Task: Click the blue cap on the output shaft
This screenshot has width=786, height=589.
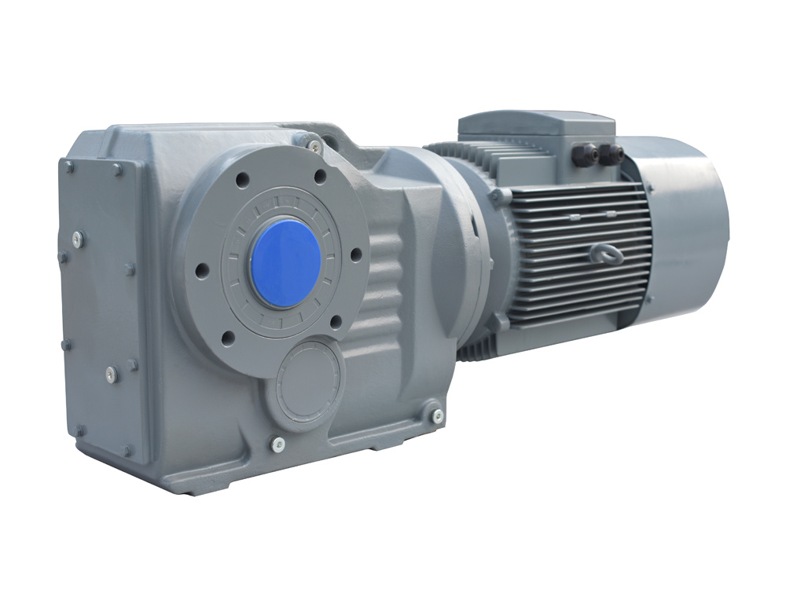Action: click(x=285, y=262)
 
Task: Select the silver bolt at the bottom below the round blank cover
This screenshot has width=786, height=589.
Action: click(x=277, y=444)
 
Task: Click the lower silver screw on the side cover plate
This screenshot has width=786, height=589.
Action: click(x=112, y=373)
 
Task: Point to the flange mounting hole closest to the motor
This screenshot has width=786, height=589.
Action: click(x=355, y=254)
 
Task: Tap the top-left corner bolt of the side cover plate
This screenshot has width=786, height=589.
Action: click(x=69, y=166)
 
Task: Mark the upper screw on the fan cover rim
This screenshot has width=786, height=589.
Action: click(x=649, y=187)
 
